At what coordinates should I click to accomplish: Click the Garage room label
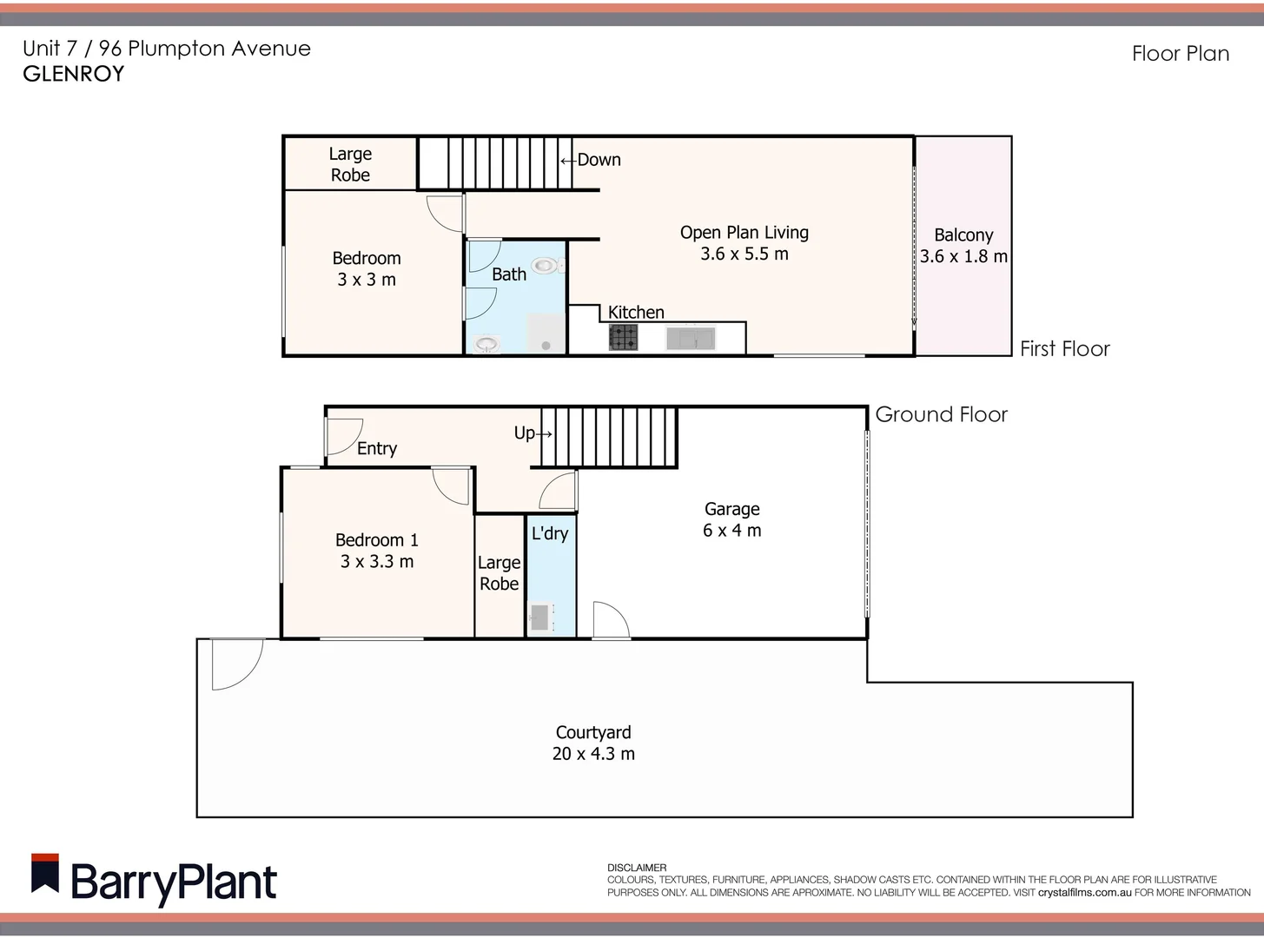pos(731,510)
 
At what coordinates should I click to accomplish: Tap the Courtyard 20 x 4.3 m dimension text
pos(593,754)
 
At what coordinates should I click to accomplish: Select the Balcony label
pos(963,235)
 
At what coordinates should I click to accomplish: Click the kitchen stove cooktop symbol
pos(623,337)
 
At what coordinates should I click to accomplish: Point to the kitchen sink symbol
pos(691,338)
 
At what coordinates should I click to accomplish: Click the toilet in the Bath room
pos(546,265)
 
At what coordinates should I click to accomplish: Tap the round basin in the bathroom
pos(486,345)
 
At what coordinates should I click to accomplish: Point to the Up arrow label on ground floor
pos(533,433)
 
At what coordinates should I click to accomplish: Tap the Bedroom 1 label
pos(376,540)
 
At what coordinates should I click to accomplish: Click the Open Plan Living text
pos(744,233)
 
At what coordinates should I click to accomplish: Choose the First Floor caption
pos(1064,349)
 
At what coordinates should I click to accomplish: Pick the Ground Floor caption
pos(941,414)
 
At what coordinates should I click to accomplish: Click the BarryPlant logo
pos(154,881)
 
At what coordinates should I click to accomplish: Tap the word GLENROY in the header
pos(74,74)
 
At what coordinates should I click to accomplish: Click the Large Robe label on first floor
pos(350,164)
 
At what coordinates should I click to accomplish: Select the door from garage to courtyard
pos(610,620)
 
